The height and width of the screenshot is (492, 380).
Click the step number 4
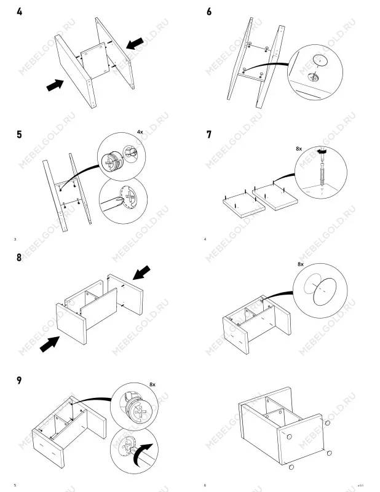coord(20,12)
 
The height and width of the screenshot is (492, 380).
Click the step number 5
coord(20,135)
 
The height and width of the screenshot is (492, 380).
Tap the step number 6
coord(209,12)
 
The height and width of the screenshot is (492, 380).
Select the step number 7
coord(209,135)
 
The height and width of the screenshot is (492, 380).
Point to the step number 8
coord(20,258)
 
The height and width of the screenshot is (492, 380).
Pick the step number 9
coord(20,381)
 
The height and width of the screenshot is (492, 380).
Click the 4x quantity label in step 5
coord(140,132)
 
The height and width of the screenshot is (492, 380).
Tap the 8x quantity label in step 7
coord(299,149)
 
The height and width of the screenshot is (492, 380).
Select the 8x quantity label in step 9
coord(152,385)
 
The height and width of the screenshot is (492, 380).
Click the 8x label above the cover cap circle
coord(301,264)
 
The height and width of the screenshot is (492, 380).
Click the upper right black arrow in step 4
coord(135,43)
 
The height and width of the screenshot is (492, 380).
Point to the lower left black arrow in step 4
coord(55,85)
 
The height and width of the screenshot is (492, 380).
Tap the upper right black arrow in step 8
coord(141,272)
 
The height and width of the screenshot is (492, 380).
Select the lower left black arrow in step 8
coord(50,344)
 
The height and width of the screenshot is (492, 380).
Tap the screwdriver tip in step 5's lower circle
coord(119,199)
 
